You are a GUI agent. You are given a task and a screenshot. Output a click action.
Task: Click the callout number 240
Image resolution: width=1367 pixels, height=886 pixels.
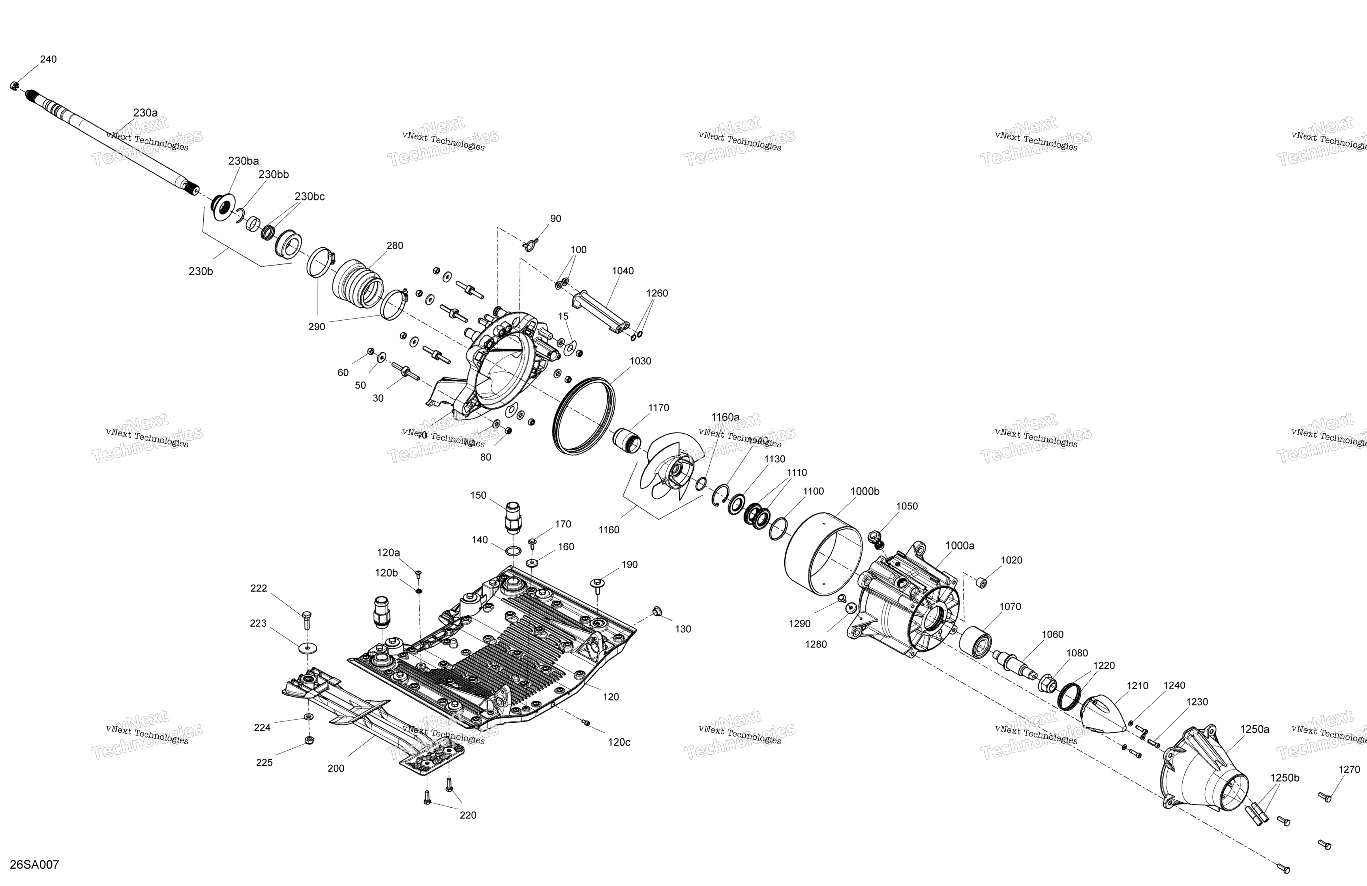[x=48, y=59]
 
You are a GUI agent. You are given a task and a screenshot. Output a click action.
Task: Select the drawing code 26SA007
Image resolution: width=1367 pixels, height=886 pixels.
[x=34, y=865]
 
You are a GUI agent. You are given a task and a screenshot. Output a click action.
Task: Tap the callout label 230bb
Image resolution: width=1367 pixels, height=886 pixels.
[x=273, y=174]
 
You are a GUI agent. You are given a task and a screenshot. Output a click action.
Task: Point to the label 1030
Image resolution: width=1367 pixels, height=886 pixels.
[x=640, y=361]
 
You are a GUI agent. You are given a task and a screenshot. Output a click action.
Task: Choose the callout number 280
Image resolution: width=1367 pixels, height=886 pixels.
[x=395, y=246]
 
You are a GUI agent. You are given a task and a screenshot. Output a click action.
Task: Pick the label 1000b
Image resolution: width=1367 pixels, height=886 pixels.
[x=865, y=492]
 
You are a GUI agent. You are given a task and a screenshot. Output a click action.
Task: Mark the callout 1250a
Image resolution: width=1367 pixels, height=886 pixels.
[x=1255, y=729]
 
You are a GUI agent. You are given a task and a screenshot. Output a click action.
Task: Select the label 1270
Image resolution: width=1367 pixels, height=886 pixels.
[x=1349, y=770]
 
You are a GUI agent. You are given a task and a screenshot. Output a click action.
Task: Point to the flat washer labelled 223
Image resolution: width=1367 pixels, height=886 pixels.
[x=308, y=648]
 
